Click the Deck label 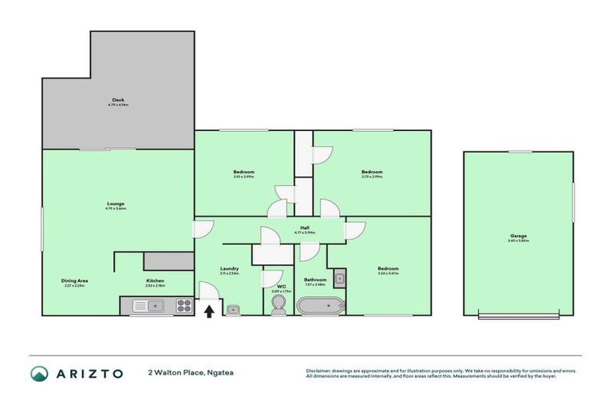pos(118,100)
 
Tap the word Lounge pos(117,204)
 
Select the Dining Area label pos(75,280)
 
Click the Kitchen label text pos(155,280)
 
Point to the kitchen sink pos(148,304)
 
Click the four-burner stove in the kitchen pos(184,304)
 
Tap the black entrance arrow pos(209,310)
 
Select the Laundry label pos(229,268)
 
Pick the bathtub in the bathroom pos(319,305)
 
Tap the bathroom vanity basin pos(338,279)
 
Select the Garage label pos(518,236)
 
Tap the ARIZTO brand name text pos(89,373)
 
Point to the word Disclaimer pos(320,370)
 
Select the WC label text pos(281,285)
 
